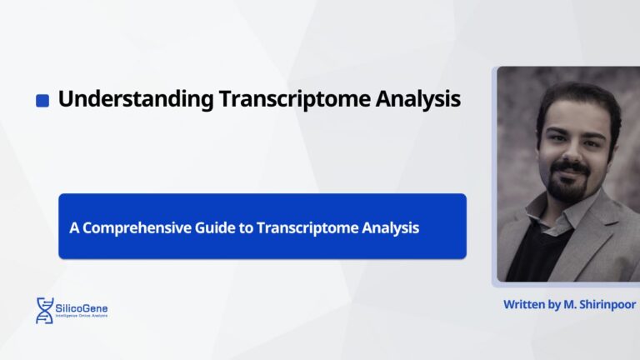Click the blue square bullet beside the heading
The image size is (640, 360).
click(x=42, y=101)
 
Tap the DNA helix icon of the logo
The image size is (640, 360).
click(x=44, y=310)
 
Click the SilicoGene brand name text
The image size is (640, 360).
click(x=83, y=307)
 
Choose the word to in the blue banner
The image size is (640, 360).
click(x=247, y=227)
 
